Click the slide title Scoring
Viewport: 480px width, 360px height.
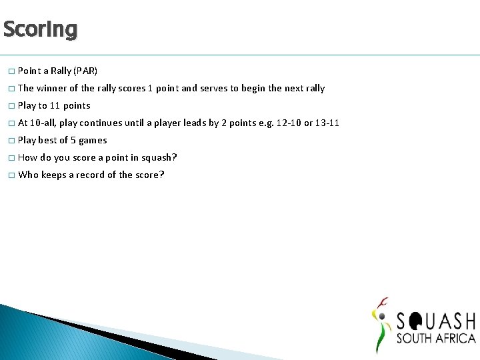(x=40, y=29)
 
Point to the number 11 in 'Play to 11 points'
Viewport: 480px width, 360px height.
(x=55, y=105)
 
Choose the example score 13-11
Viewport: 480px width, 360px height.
(x=327, y=123)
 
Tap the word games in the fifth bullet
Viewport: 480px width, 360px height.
(x=93, y=140)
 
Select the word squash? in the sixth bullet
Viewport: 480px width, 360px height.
(x=159, y=157)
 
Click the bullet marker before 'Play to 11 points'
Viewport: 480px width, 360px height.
(x=11, y=106)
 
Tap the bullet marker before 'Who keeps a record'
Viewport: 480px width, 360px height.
(x=11, y=175)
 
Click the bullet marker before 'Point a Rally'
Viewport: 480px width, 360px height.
(x=11, y=71)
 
